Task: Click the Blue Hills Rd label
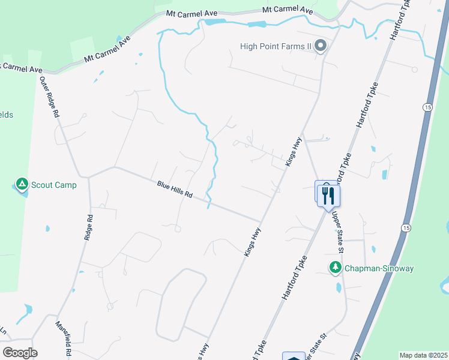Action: (175, 190)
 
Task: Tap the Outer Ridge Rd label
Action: (50, 96)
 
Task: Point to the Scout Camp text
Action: (54, 185)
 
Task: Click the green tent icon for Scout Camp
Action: (22, 184)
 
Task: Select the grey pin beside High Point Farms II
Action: (321, 46)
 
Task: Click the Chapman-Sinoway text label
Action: (379, 268)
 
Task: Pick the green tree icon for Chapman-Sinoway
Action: (336, 268)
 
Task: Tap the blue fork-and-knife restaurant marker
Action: (328, 196)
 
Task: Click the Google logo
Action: (20, 352)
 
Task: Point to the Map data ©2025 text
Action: (423, 355)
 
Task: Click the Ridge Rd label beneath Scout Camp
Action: (88, 229)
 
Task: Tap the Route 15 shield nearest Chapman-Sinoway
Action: (406, 228)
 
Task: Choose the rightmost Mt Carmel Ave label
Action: (288, 10)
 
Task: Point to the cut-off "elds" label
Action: (7, 115)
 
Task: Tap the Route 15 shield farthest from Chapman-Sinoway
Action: (426, 107)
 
